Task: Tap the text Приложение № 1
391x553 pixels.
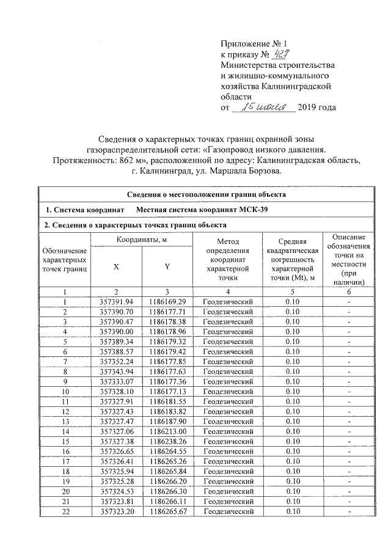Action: click(x=253, y=43)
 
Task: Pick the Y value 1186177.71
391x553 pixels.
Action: click(x=167, y=312)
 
